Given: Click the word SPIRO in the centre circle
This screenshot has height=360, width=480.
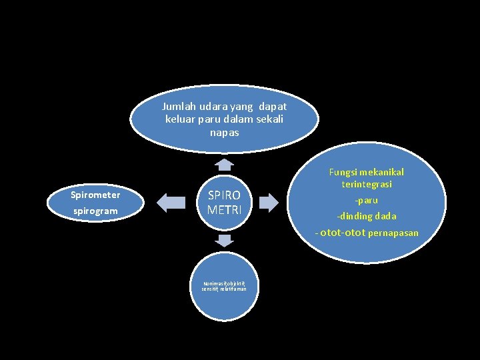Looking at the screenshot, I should (x=224, y=196).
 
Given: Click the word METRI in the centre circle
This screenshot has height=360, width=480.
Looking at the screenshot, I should (x=224, y=209).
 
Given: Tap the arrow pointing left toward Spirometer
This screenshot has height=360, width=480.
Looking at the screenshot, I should (x=171, y=202).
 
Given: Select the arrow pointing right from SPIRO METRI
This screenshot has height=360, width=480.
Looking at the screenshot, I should (x=268, y=202).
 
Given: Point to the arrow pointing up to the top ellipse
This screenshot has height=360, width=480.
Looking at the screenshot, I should (x=225, y=164).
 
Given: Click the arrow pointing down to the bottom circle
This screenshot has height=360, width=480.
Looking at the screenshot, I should (x=225, y=240).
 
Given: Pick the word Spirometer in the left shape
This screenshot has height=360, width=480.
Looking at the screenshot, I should (x=95, y=195).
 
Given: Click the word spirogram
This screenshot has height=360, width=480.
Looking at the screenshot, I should (x=95, y=211).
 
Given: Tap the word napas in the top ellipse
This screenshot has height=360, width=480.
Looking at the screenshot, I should (x=224, y=132).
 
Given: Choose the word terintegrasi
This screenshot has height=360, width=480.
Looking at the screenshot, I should (x=367, y=184).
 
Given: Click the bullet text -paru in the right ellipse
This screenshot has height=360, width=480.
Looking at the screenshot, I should (x=366, y=200).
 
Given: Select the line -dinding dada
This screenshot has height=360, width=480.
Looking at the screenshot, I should (x=367, y=216).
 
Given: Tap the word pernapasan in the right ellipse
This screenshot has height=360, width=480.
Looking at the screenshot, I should (x=393, y=233).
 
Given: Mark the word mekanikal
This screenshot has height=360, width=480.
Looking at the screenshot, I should (x=382, y=172).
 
